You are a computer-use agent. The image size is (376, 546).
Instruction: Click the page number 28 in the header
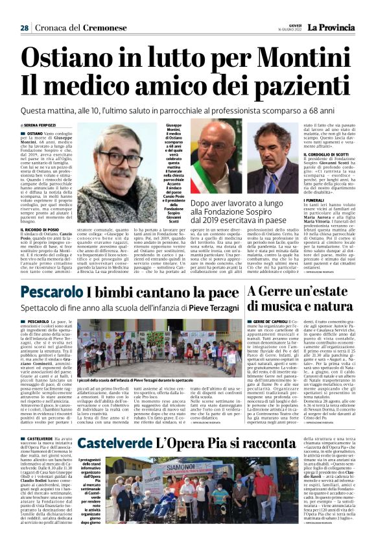pos(24,28)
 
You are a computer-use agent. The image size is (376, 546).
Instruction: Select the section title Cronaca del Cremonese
pos(72,28)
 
